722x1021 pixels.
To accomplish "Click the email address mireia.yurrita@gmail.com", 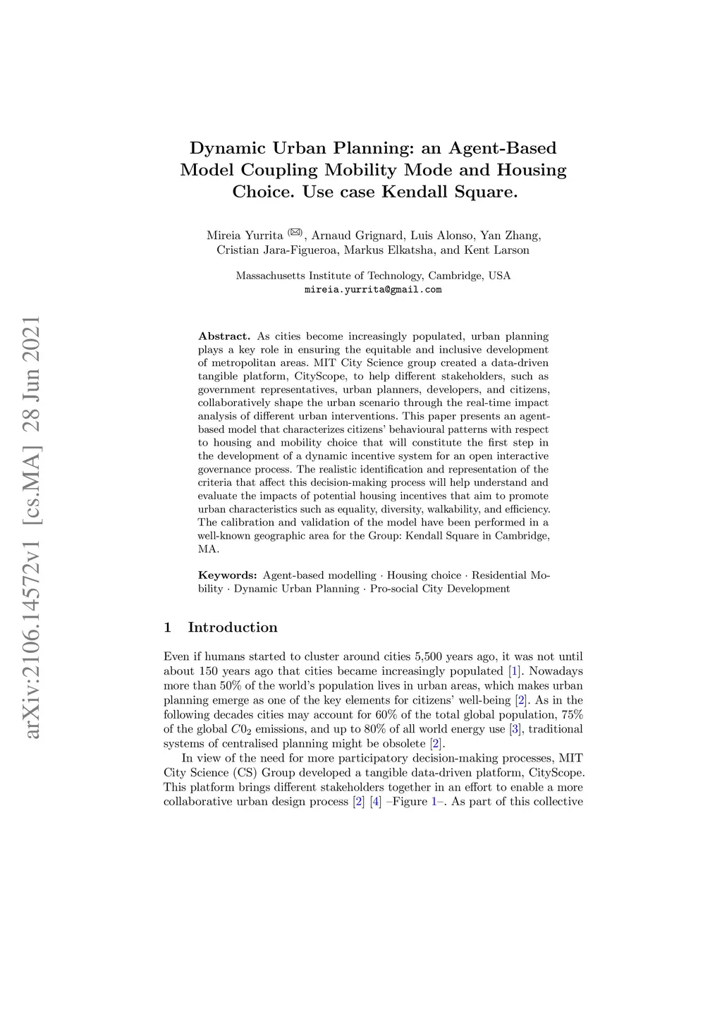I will pos(373,290).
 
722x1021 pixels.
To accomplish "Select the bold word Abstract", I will pos(224,336).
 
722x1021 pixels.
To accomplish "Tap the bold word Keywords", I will pos(227,575).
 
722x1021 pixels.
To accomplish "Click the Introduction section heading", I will pos(233,628).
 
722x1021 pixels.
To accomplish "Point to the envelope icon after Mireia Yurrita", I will pos(295,233).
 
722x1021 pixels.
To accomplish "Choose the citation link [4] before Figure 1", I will pos(376,802).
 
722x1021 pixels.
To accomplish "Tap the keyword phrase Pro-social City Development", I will pos(440,589).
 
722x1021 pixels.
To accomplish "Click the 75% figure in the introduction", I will pos(572,715).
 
